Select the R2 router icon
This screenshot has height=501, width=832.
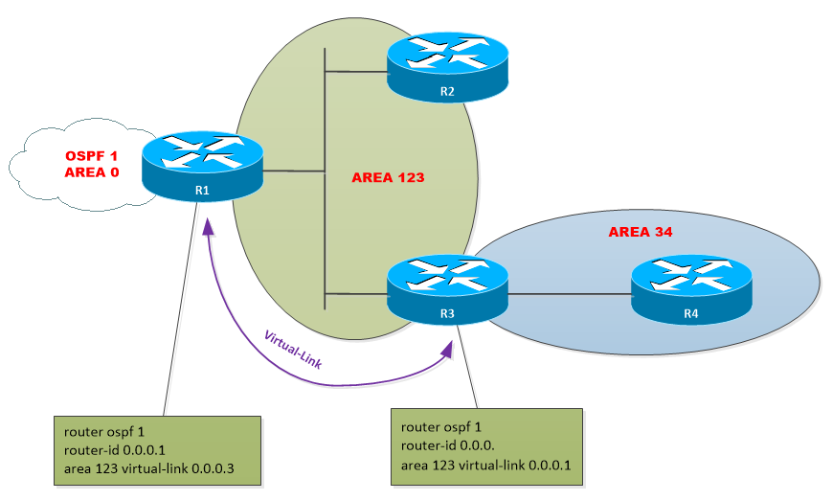coord(447,68)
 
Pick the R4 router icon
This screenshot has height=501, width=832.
coord(692,289)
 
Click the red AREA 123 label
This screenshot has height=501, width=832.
coord(387,178)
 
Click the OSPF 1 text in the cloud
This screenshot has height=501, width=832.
coord(92,155)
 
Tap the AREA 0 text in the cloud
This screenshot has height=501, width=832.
coord(92,172)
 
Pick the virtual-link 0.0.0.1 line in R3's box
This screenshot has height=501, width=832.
coord(484,467)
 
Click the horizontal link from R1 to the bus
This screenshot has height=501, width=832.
coord(293,172)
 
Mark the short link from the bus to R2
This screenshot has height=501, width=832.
coord(356,72)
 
